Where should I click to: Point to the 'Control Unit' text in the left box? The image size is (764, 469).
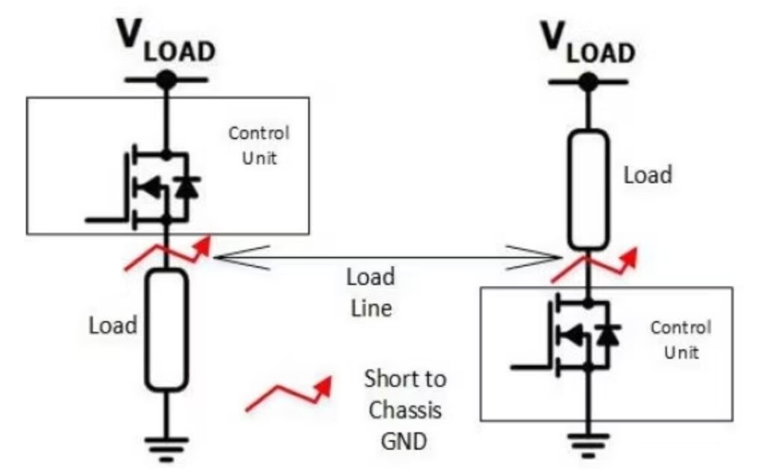(258, 146)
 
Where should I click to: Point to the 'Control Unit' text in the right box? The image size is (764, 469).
(681, 339)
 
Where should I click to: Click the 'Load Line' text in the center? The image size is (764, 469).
(370, 291)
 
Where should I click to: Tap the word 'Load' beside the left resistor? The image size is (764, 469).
(113, 326)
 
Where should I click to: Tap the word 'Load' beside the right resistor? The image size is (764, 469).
(648, 175)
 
